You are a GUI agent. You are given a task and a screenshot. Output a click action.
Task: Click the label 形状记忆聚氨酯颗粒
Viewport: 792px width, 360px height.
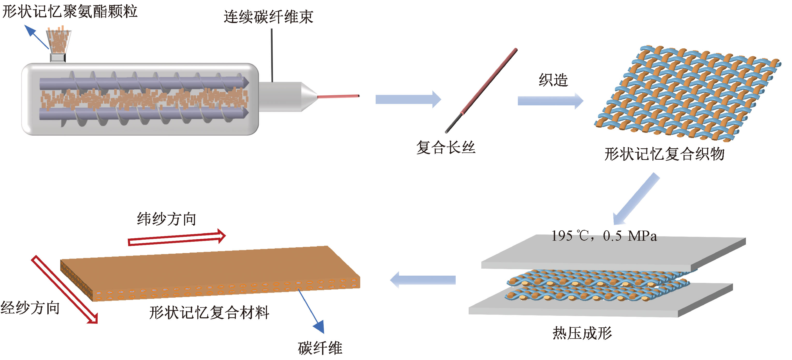point(70,12)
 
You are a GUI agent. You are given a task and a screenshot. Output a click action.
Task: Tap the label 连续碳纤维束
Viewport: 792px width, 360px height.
point(268,17)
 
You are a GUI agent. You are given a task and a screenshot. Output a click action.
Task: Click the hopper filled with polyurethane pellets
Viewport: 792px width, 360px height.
point(59,41)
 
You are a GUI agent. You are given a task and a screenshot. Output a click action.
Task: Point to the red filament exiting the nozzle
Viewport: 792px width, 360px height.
point(338,96)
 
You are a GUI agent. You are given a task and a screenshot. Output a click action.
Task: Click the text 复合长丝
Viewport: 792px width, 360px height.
point(446,147)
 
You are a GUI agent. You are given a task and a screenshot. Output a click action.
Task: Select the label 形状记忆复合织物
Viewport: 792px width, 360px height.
point(664,154)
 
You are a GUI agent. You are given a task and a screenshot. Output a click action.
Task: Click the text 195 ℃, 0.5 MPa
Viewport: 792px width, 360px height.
point(604,236)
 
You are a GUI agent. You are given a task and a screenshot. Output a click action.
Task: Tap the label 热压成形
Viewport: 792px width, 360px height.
point(582,333)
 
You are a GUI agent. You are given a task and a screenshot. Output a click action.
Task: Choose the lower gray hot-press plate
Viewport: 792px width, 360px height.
point(600,307)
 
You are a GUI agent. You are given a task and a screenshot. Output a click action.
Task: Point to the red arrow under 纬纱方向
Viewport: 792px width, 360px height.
point(177,238)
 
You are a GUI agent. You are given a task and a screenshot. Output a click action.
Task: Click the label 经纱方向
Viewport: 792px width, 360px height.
point(30,308)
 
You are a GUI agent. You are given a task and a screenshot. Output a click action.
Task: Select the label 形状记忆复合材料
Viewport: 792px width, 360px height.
point(209,313)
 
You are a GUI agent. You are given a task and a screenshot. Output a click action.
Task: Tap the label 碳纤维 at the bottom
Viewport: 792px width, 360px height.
point(320,348)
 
